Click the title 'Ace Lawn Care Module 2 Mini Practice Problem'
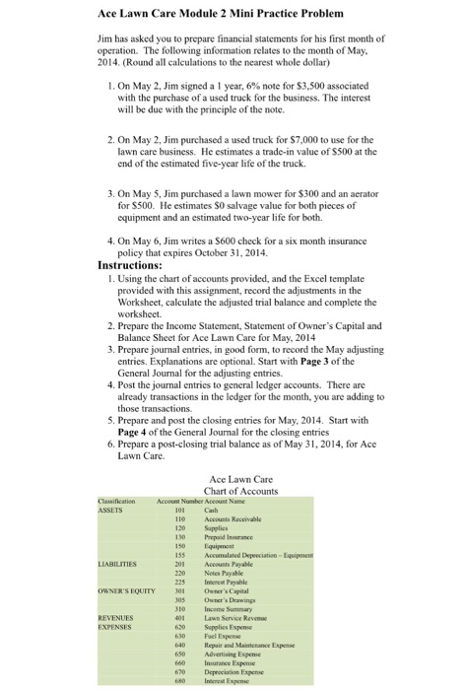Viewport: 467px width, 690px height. point(221,16)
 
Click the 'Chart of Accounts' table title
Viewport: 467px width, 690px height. point(234,491)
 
